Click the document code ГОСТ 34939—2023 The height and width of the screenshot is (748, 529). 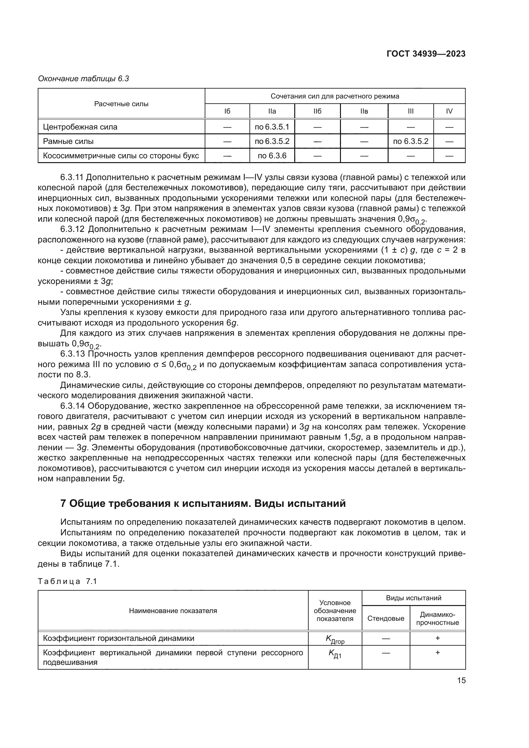[426, 54]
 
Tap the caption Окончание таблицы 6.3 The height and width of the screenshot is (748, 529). [83, 79]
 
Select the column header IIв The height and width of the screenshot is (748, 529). [364, 111]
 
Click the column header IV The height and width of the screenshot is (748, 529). [449, 111]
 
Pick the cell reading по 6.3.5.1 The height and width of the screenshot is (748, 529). [272, 127]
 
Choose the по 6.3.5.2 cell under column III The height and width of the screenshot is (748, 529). [410, 141]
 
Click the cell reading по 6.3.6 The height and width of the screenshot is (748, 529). [272, 156]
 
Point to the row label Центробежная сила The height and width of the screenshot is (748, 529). [80, 127]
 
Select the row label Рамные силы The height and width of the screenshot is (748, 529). [68, 141]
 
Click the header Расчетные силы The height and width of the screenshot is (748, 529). [121, 104]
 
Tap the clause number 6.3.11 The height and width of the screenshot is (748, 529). [72, 177]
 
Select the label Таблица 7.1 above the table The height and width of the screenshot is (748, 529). [67, 581]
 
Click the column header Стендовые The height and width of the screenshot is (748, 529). [386, 618]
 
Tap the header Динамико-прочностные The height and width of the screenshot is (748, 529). [438, 618]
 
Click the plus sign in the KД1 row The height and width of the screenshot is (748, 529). [438, 653]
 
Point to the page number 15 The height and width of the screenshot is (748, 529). [461, 681]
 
